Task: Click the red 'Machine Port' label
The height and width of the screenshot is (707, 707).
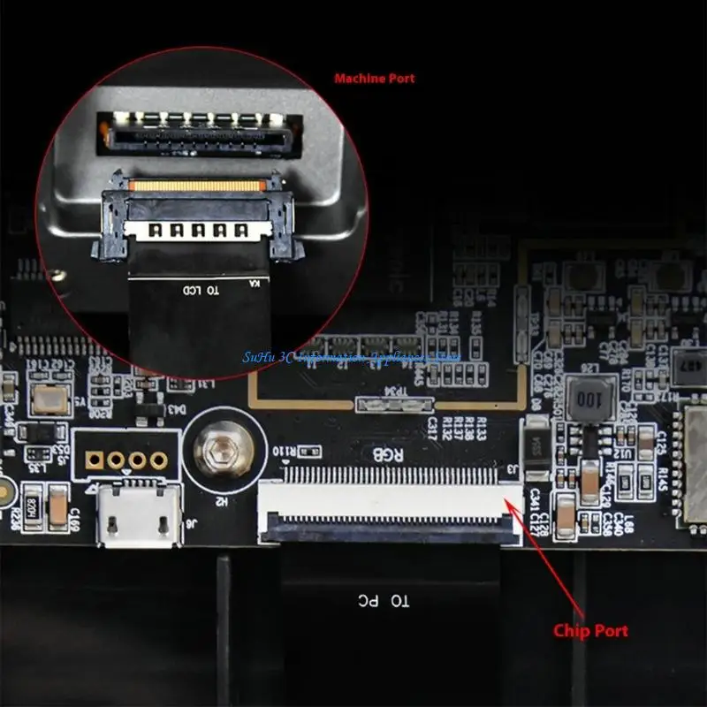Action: (374, 79)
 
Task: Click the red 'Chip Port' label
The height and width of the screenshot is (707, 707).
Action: (590, 630)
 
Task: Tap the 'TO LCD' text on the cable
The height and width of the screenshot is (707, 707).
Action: (203, 289)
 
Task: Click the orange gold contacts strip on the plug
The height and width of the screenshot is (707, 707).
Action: (196, 186)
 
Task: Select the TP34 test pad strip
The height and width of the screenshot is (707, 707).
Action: (395, 405)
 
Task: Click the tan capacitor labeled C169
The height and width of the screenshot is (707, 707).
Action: (57, 507)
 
